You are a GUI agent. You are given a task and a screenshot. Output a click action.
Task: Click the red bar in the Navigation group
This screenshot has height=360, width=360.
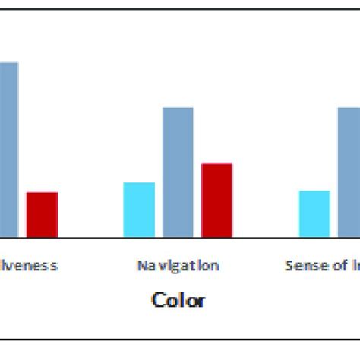[x=216, y=201]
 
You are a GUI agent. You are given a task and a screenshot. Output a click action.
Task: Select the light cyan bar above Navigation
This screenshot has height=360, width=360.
[x=139, y=210]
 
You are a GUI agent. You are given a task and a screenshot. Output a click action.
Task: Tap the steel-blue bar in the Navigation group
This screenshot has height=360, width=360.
[x=178, y=173]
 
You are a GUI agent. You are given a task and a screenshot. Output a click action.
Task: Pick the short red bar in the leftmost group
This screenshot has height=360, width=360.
[x=42, y=215]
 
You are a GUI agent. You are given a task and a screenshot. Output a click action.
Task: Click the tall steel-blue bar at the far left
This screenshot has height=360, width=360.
[x=8, y=150]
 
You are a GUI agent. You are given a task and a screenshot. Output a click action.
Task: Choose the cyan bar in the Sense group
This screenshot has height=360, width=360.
[x=314, y=214]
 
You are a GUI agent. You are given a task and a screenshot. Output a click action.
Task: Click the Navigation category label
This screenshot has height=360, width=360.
[x=178, y=265]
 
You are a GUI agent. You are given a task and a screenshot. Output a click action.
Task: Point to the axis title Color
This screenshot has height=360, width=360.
[x=178, y=300]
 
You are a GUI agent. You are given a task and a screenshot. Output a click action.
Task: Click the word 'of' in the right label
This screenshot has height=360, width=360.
[x=330, y=265]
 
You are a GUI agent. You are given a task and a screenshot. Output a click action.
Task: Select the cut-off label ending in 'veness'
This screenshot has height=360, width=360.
[x=29, y=265]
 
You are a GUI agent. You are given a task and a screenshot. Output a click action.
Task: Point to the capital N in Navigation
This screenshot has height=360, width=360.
[x=141, y=265]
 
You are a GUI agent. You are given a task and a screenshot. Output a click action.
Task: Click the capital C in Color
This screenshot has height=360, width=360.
[x=158, y=300]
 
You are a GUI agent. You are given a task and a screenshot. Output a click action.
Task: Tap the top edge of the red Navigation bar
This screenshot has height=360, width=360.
[x=216, y=164]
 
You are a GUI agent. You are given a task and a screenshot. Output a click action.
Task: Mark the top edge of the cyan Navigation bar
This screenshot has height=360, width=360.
[x=139, y=183]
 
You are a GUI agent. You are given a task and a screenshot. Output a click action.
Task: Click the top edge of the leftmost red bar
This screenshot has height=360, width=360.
[x=42, y=193]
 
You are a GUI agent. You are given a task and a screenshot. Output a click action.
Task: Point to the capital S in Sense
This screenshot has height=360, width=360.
[x=288, y=265]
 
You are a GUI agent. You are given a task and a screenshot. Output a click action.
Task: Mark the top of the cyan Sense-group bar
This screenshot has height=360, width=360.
[x=314, y=191]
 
